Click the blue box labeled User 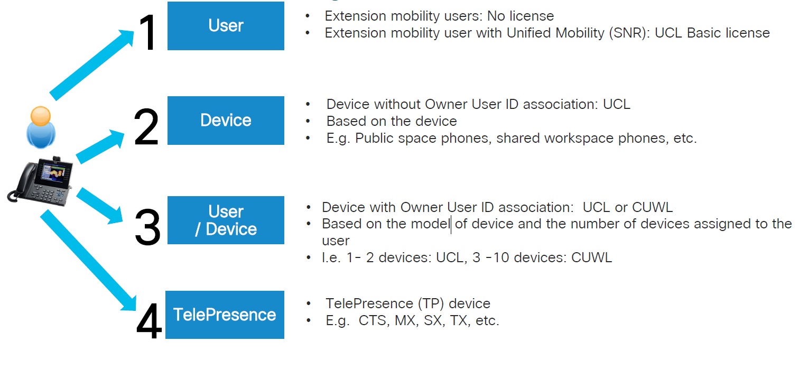226,26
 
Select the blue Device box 226,121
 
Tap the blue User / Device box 226,220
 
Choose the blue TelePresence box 225,315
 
